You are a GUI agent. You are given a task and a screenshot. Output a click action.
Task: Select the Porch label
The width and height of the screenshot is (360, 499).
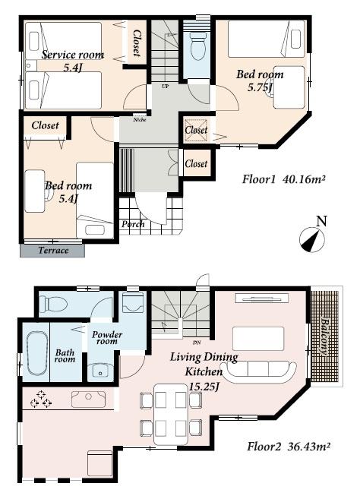tap(133, 224)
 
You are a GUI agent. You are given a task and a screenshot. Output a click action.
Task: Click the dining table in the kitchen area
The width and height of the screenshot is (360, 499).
tap(171, 414)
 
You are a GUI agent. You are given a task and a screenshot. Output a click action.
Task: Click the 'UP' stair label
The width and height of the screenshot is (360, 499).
tap(165, 86)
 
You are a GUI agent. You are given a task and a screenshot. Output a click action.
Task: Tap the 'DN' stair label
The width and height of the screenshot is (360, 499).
tap(197, 343)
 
